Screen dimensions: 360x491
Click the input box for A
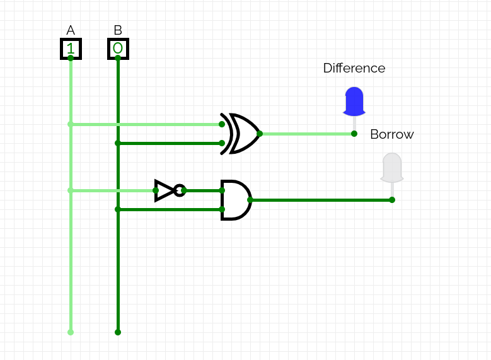click(71, 49)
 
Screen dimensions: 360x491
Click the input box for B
click(118, 49)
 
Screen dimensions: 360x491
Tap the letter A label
click(71, 30)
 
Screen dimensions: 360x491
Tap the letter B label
click(118, 30)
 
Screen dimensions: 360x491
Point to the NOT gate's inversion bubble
click(180, 190)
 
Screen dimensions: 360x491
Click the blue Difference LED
click(354, 101)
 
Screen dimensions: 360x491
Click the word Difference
click(354, 68)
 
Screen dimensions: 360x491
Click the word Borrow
click(392, 134)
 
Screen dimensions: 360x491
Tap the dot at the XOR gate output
click(260, 134)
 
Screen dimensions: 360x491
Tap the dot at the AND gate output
click(250, 200)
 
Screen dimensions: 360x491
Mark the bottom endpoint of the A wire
click(71, 332)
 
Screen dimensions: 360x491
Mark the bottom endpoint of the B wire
click(118, 332)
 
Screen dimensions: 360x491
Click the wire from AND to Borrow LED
click(321, 200)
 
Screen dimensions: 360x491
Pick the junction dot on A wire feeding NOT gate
click(71, 190)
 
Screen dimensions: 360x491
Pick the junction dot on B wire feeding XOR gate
click(118, 143)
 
